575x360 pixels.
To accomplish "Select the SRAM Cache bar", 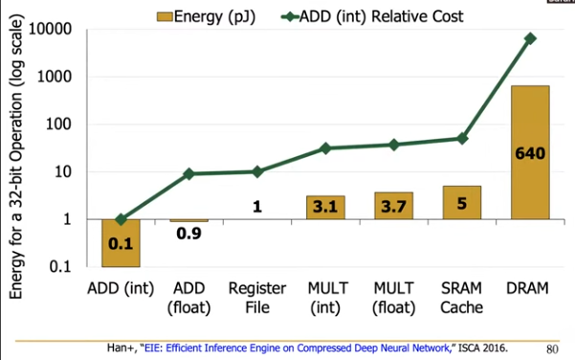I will click(x=461, y=202).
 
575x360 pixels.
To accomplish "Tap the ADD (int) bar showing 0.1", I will click(x=121, y=242).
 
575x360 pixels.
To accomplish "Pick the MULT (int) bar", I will click(x=325, y=207).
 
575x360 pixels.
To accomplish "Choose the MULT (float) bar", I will click(x=393, y=205).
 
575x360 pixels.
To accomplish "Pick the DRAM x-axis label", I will click(x=530, y=288).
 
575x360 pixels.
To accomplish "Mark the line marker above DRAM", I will click(x=530, y=38).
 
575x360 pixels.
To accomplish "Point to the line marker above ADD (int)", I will click(x=121, y=219).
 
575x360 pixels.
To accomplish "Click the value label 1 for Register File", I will click(x=257, y=204).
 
